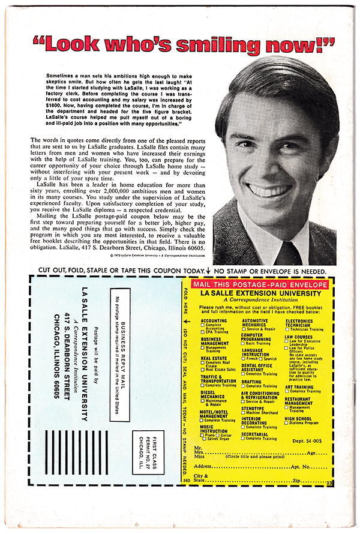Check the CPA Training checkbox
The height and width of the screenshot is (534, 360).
pos(203,333)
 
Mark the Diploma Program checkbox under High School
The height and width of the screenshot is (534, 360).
pos(287,423)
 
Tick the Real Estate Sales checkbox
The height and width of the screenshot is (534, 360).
pos(203,370)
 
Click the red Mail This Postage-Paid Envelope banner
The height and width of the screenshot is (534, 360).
pos(260,284)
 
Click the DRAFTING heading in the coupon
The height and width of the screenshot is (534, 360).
pos(251,382)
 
